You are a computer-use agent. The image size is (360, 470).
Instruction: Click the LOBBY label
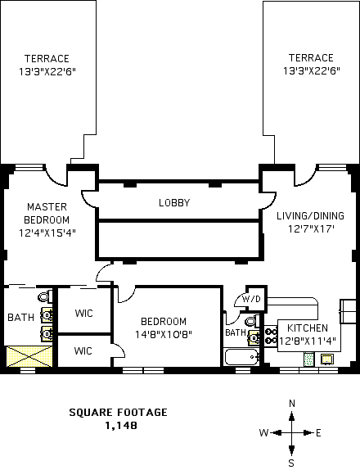coord(174,203)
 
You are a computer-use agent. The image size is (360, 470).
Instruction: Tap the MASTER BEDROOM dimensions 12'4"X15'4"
coord(47,233)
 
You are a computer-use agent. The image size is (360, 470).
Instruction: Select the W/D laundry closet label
coord(251,299)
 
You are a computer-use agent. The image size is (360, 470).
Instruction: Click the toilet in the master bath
coord(45,296)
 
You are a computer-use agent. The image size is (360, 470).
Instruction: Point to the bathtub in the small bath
coord(241,357)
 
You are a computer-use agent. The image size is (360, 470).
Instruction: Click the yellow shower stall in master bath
coord(29,356)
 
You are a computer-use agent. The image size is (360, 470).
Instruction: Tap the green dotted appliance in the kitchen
coord(308,359)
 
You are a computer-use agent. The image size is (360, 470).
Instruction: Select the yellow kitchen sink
coord(327,359)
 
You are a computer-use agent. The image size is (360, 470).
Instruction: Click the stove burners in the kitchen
coord(271,336)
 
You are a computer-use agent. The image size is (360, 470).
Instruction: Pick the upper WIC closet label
coord(83,314)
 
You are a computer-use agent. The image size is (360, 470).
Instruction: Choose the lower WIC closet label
coord(83,350)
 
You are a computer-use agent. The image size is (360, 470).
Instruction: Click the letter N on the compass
coord(292,404)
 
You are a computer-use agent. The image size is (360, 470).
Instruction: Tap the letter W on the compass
coord(263,433)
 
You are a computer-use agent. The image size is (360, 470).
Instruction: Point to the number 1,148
coord(121,425)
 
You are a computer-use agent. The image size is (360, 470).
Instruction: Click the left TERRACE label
coord(47,58)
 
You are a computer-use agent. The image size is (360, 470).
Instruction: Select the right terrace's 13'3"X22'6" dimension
coord(312,71)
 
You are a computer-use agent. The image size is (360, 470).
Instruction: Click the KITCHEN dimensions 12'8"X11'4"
coord(308,341)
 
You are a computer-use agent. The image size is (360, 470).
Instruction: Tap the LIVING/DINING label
coord(310,216)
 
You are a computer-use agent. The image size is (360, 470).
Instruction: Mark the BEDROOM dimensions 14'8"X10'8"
coord(164,334)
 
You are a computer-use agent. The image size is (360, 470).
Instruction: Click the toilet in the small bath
coord(252,321)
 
